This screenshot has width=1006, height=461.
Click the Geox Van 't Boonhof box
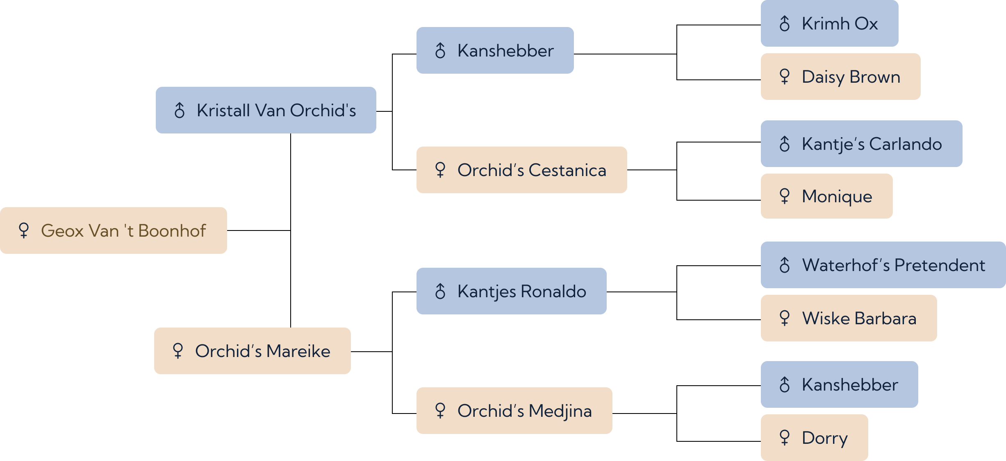(x=114, y=230)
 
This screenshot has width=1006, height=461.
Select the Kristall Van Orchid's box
(x=266, y=110)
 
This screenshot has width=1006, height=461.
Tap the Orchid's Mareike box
(x=253, y=351)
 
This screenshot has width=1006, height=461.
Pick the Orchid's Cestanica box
(x=522, y=170)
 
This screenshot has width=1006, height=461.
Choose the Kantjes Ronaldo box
(x=512, y=291)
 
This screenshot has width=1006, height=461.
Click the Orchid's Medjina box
(x=514, y=411)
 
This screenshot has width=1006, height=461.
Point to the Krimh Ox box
(x=830, y=23)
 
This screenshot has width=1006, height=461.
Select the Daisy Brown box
(x=841, y=77)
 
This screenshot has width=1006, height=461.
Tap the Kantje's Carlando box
(x=862, y=144)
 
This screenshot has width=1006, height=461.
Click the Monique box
(x=827, y=196)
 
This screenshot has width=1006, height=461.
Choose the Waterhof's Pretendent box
(x=883, y=265)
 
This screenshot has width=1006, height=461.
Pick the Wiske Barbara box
(x=849, y=318)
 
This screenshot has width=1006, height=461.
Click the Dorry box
(x=815, y=438)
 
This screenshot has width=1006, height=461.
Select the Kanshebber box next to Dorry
(x=840, y=384)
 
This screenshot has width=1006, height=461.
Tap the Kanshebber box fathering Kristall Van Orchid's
(x=495, y=50)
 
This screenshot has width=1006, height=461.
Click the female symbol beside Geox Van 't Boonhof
(x=24, y=230)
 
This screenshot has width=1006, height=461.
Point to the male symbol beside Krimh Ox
(x=785, y=23)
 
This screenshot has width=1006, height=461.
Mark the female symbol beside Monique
(x=785, y=196)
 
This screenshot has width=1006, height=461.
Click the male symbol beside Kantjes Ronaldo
(x=440, y=291)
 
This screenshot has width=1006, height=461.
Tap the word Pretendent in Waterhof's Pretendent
(x=940, y=265)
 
